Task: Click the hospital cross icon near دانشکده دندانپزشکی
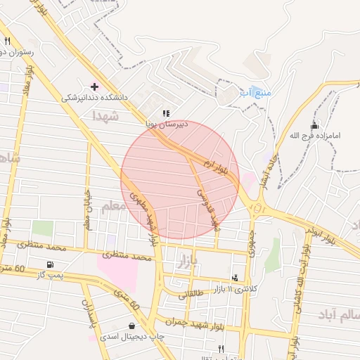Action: click(x=94, y=86)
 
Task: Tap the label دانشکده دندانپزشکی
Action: click(x=95, y=98)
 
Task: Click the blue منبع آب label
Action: click(x=255, y=92)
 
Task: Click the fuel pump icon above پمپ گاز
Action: click(x=50, y=264)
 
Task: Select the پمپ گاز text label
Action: click(x=50, y=275)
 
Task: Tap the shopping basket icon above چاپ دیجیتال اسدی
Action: click(x=132, y=326)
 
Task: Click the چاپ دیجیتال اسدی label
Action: click(x=131, y=337)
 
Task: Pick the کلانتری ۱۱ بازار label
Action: click(x=235, y=289)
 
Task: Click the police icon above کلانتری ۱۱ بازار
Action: click(x=235, y=278)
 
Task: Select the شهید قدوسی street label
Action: click(x=208, y=208)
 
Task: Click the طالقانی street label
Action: click(x=193, y=295)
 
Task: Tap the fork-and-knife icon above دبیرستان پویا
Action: click(x=166, y=112)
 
